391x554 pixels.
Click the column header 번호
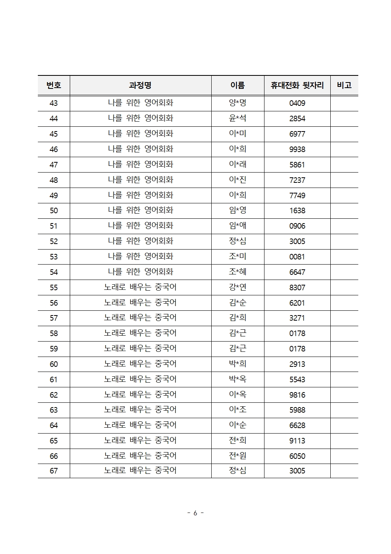tap(54, 85)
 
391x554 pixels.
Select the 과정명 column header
tap(140, 85)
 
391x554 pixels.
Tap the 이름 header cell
tap(238, 85)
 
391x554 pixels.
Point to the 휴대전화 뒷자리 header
tap(297, 85)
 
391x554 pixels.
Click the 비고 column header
tap(344, 85)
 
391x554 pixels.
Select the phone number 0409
tap(297, 103)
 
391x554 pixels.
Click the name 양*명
tap(238, 103)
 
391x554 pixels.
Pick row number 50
tap(54, 211)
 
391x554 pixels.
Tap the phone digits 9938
tap(297, 149)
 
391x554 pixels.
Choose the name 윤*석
tap(238, 118)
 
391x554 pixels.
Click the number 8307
tap(297, 287)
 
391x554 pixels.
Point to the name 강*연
tap(238, 287)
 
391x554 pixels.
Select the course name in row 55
tap(140, 287)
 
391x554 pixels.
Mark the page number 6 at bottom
tap(195, 513)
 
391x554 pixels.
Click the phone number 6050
tap(297, 456)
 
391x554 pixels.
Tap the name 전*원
tap(238, 456)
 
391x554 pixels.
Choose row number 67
tap(54, 471)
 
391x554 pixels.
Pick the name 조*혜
tap(238, 272)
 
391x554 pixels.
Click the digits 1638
tap(297, 211)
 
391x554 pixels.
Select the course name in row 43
tap(140, 103)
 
